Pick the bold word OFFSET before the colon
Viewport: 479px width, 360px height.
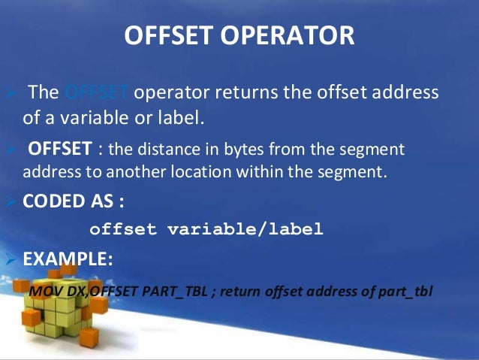click(61, 147)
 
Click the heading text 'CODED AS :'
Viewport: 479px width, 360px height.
click(72, 201)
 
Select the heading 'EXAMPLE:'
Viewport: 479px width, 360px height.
click(68, 259)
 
